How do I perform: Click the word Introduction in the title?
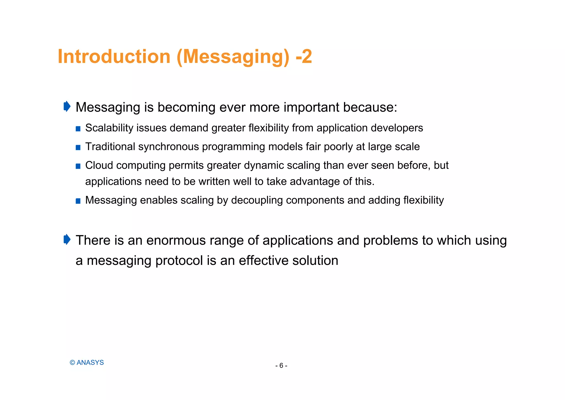(x=114, y=57)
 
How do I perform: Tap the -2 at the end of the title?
(x=303, y=57)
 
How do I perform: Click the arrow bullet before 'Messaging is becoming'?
(x=67, y=106)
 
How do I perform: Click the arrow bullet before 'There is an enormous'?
(x=67, y=240)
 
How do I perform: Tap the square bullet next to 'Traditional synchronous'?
(x=78, y=148)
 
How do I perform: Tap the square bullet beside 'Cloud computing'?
(x=78, y=166)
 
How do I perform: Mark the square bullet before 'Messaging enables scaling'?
(x=78, y=201)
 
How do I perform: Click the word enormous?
(x=176, y=240)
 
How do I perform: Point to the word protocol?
(x=179, y=261)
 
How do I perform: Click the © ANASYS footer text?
(x=87, y=363)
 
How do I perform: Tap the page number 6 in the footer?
(x=281, y=366)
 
